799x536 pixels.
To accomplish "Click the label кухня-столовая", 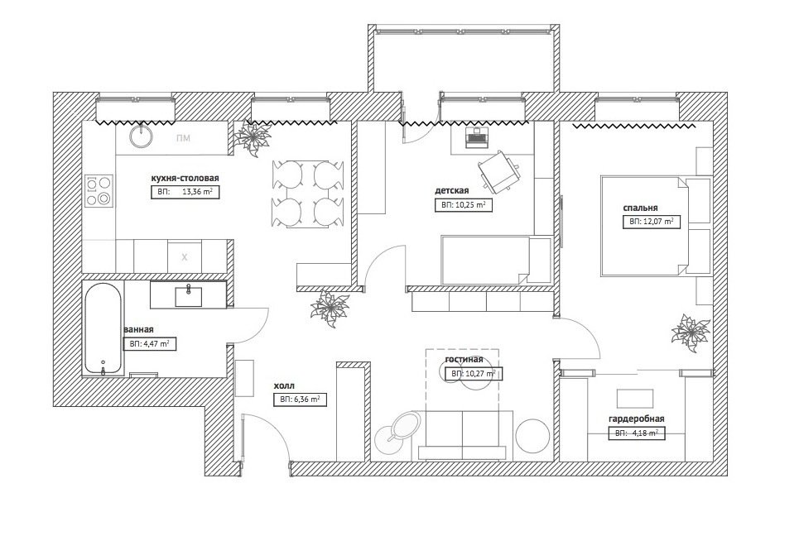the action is pyautogui.click(x=185, y=178).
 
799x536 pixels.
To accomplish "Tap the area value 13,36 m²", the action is pyautogui.click(x=197, y=193).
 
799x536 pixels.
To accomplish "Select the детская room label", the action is pyautogui.click(x=451, y=191).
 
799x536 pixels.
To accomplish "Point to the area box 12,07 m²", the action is pyautogui.click(x=652, y=222).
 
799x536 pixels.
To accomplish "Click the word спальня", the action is pyautogui.click(x=640, y=208).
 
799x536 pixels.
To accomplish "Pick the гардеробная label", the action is pyautogui.click(x=636, y=419).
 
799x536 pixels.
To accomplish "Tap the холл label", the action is pyautogui.click(x=284, y=386).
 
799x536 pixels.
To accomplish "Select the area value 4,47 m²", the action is pyautogui.click(x=156, y=344).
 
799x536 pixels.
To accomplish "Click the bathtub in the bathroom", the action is pyautogui.click(x=103, y=329).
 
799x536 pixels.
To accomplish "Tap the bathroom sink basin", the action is pyautogui.click(x=188, y=296).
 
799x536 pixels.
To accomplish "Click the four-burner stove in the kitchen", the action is pyautogui.click(x=99, y=190).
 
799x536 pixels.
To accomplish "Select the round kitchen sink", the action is pyautogui.click(x=140, y=136).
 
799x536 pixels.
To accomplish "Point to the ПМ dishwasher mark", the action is pyautogui.click(x=184, y=138).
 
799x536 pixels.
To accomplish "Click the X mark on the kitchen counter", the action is pyautogui.click(x=185, y=257).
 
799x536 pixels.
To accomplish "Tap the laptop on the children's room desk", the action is pyautogui.click(x=477, y=137).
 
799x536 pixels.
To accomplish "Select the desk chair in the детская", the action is pyautogui.click(x=499, y=171).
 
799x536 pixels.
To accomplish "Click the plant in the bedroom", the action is pyautogui.click(x=690, y=333).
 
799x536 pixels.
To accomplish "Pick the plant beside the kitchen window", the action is pyautogui.click(x=252, y=138).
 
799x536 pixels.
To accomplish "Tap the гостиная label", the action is pyautogui.click(x=464, y=359).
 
